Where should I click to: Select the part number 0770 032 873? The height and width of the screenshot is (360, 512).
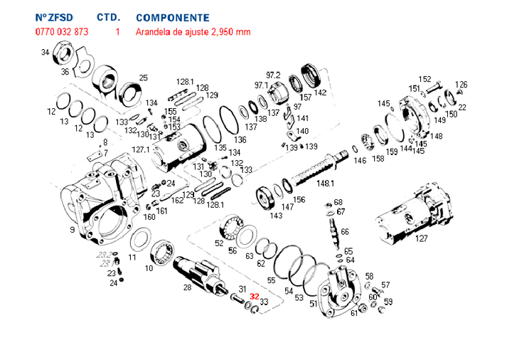62,32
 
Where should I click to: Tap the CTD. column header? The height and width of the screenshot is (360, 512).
107,17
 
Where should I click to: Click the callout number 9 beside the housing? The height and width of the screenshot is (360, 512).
72,230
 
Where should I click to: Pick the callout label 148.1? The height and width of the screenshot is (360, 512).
326,184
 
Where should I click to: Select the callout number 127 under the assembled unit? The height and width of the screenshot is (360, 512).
422,238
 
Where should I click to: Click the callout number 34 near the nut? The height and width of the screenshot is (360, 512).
45,53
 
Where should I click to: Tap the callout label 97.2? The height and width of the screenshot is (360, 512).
274,75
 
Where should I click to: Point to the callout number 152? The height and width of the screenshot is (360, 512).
425,79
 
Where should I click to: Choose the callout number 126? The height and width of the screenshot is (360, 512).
462,85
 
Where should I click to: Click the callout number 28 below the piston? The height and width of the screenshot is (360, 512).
187,287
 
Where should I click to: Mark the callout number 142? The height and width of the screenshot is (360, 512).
320,92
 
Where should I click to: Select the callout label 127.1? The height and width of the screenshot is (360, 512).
142,149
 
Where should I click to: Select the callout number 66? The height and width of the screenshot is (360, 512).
345,232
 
